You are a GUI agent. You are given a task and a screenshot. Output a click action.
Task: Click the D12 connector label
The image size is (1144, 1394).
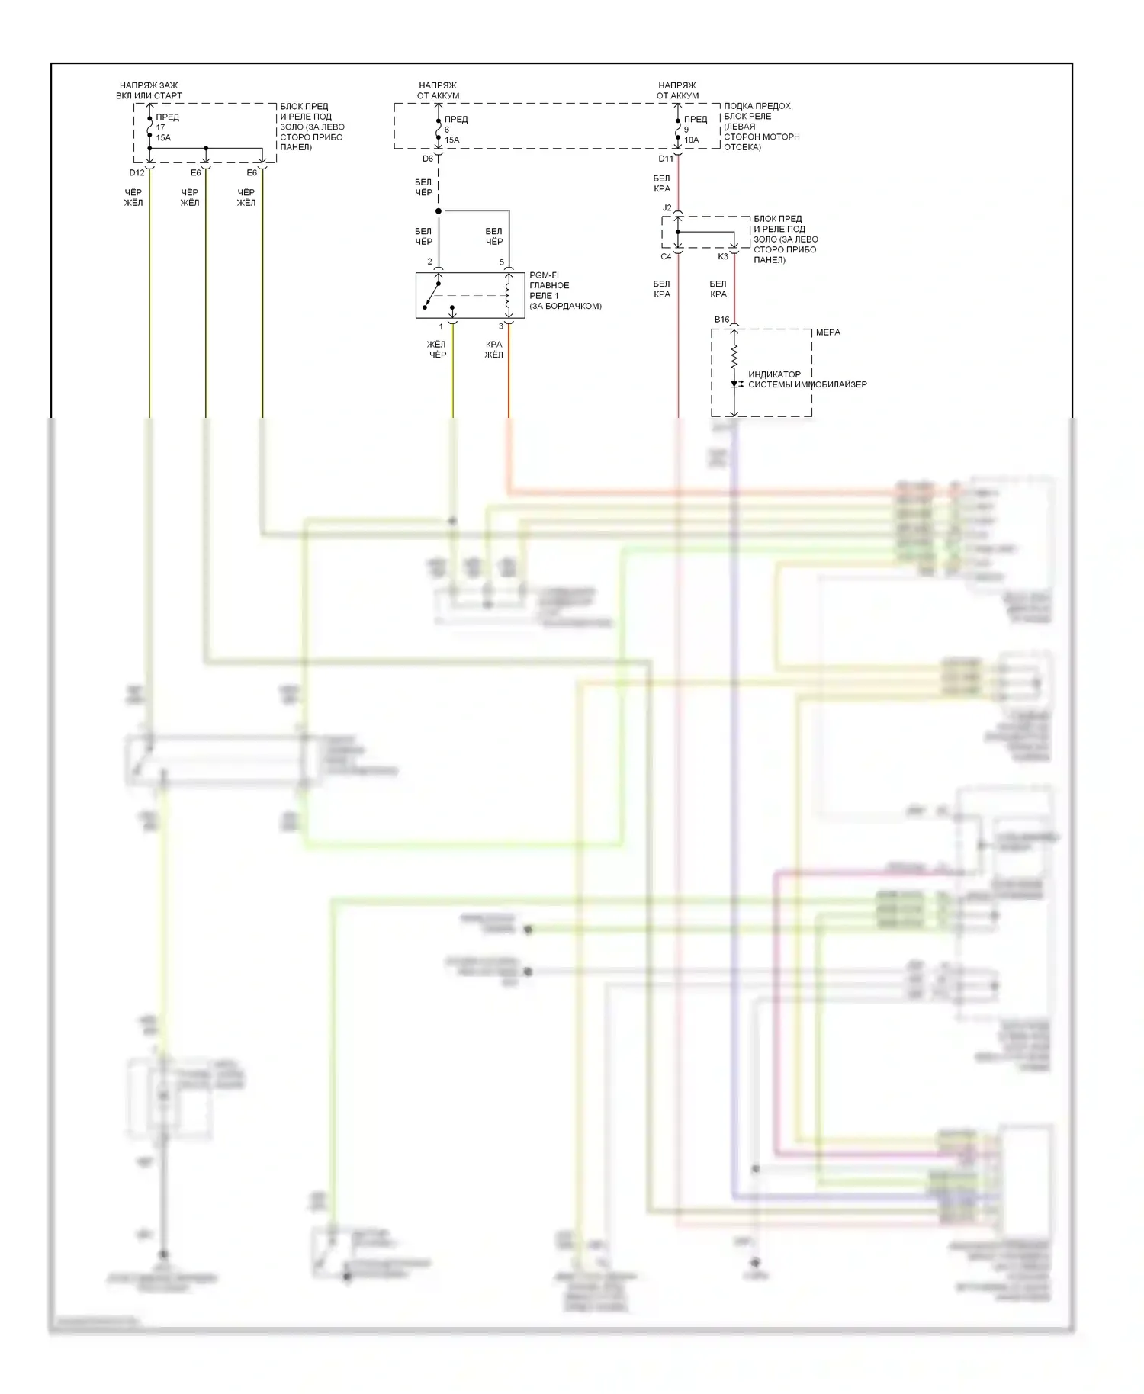pos(137,173)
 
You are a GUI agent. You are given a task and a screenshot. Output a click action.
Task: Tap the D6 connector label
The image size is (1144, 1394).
pos(428,159)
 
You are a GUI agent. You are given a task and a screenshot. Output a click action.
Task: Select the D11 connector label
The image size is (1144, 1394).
pos(666,159)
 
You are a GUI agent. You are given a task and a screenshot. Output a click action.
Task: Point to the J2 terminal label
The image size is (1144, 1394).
pos(667,208)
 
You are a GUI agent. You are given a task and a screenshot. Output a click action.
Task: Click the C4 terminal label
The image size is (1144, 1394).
pos(666,257)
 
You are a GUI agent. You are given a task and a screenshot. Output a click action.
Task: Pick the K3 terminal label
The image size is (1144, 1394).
pos(723,257)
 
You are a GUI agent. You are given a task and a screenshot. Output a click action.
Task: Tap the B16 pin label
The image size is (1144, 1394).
pos(721,320)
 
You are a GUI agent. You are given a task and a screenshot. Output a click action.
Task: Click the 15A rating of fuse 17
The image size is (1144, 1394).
pos(163,138)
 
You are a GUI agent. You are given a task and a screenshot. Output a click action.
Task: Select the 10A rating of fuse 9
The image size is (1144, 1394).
pos(691,140)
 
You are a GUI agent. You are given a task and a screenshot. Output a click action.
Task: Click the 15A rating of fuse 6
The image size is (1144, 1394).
pos(451,140)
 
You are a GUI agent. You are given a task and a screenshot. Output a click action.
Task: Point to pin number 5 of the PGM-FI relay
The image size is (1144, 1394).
pos(502,262)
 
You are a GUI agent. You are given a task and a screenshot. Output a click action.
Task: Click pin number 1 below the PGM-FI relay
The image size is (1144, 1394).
pos(441,327)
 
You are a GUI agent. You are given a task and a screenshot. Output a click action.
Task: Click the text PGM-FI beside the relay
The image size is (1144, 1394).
pos(544,275)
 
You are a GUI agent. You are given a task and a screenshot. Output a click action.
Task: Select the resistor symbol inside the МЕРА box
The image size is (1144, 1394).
pos(734,357)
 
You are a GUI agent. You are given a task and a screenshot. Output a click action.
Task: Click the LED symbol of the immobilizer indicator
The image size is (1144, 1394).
pos(734,384)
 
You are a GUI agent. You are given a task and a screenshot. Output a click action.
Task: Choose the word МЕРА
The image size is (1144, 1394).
pos(827,332)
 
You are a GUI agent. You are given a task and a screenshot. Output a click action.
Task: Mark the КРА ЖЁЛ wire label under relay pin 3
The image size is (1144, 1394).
pos(493,349)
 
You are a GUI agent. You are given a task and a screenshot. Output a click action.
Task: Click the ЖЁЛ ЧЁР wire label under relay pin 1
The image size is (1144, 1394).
pos(437,349)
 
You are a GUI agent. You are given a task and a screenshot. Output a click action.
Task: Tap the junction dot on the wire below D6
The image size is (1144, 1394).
pos(439,211)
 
